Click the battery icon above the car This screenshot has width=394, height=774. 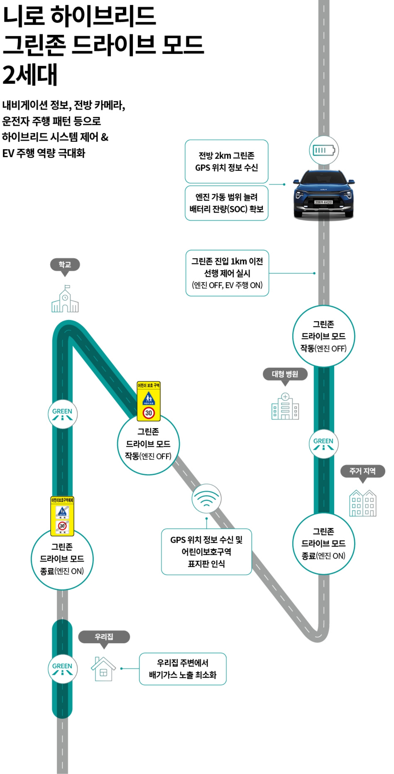tap(323, 150)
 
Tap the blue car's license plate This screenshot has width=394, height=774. tap(323, 202)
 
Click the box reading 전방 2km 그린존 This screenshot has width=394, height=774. tap(226, 161)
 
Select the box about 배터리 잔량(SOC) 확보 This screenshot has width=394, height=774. tap(226, 203)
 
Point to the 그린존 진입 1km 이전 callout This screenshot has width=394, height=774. tap(227, 273)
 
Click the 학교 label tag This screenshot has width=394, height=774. tap(65, 265)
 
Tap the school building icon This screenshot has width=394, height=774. tap(65, 299)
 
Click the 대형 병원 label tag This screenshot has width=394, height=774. tap(285, 374)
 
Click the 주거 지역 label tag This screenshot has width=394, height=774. tap(362, 471)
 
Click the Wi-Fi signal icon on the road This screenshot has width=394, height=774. tap(206, 498)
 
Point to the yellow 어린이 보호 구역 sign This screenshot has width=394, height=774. tap(148, 401)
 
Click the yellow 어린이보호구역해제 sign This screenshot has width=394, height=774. tap(62, 516)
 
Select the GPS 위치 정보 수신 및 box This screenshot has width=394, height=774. tap(206, 551)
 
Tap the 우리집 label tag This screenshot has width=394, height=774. tap(104, 637)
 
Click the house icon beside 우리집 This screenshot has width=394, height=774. tap(103, 669)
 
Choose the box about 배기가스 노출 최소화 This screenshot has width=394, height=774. tap(182, 669)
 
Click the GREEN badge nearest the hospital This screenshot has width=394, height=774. tap(323, 444)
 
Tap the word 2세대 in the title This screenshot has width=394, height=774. tap(30, 75)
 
